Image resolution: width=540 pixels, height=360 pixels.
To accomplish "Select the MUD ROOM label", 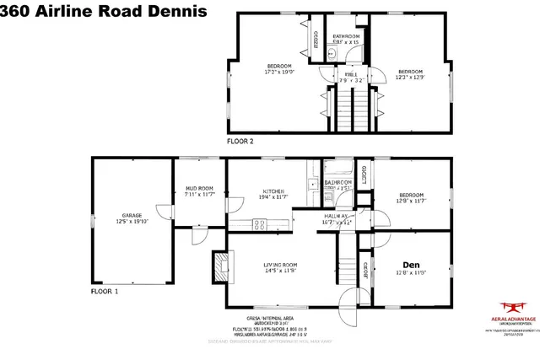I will click(200, 191).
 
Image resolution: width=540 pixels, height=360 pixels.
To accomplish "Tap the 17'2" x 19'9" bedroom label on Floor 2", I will click(279, 70).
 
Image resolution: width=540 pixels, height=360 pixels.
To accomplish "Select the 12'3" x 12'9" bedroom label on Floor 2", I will click(410, 74).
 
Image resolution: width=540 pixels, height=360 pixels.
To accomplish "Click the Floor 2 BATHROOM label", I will click(346, 39).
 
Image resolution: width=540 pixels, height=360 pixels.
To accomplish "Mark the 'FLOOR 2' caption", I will click(240, 141).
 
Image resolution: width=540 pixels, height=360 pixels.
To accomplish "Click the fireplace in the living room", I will click(219, 267).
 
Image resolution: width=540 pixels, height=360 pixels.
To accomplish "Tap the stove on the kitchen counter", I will click(261, 224).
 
